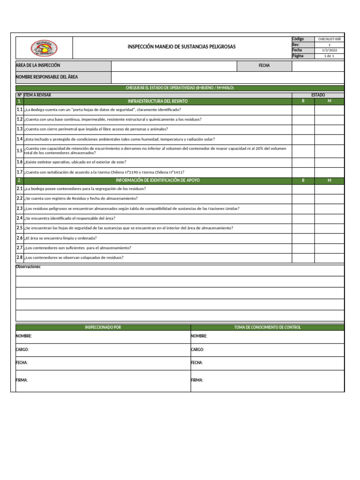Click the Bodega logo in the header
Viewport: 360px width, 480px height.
click(44, 48)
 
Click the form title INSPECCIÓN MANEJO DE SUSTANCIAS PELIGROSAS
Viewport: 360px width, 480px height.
click(182, 47)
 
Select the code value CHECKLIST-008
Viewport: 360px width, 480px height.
click(330, 39)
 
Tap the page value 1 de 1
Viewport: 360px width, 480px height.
click(330, 56)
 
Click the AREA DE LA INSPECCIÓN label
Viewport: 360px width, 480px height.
click(38, 66)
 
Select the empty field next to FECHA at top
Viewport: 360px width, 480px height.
click(318, 66)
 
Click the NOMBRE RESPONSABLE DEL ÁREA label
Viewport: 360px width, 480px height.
click(47, 77)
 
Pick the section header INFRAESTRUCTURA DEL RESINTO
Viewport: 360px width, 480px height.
click(157, 101)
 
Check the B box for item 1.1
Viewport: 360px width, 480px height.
click(303, 110)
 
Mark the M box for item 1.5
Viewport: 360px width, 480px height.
click(330, 150)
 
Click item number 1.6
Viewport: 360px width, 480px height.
click(20, 162)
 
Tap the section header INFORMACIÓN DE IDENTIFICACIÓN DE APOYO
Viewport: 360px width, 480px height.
click(157, 180)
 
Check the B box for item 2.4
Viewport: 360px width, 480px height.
click(303, 218)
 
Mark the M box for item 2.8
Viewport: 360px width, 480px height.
click(330, 258)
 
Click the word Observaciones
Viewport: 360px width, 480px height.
click(29, 267)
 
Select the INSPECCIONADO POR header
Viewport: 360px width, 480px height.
click(103, 327)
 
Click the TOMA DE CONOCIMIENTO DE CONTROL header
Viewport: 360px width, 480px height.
click(267, 327)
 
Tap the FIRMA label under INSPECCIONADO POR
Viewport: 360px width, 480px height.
click(22, 380)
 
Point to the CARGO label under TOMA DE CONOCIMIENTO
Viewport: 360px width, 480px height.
click(197, 350)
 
